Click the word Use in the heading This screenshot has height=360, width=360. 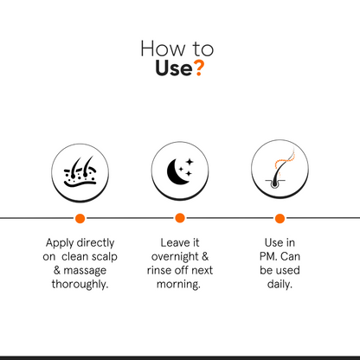[x=173, y=68]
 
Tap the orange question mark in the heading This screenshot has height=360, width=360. [x=199, y=68]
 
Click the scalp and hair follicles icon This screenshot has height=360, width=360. [x=80, y=172]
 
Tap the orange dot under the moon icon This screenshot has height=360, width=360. [x=180, y=218]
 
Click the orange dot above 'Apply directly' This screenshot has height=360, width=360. [x=80, y=218]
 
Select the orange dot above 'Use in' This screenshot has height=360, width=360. [x=280, y=218]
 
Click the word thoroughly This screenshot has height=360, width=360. [x=80, y=285]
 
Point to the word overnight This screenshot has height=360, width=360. [x=175, y=256]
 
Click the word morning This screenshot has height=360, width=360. [x=178, y=285]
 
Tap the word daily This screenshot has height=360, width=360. [x=280, y=285]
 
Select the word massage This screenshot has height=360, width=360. [x=85, y=271]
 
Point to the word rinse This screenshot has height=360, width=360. [x=160, y=270]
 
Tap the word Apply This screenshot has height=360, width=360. [x=60, y=243]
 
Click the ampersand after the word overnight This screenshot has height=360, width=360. [x=205, y=256]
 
